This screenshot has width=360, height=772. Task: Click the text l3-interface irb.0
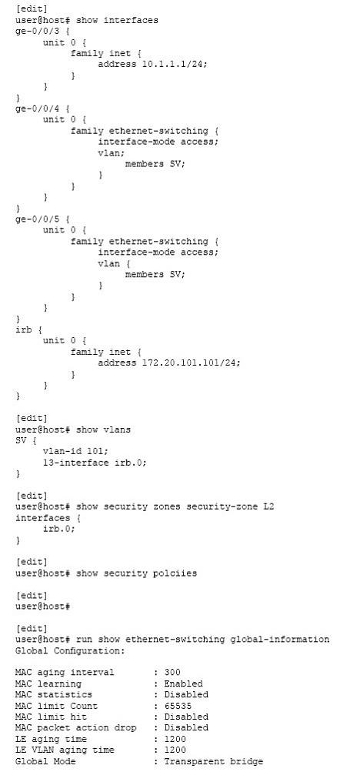tap(95, 463)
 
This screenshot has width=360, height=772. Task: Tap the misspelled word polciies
tap(175, 573)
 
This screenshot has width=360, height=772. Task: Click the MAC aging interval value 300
tap(172, 673)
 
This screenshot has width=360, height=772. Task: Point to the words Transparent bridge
tap(213, 761)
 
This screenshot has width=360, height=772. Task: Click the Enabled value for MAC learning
tap(183, 683)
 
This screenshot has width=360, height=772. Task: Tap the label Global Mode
tap(45, 761)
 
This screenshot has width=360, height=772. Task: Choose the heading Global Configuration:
tap(70, 651)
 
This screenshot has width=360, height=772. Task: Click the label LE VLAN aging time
tap(65, 750)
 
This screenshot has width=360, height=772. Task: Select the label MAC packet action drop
tap(75, 727)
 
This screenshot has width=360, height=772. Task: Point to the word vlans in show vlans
tap(117, 429)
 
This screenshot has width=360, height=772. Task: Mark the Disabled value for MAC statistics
tap(186, 695)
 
